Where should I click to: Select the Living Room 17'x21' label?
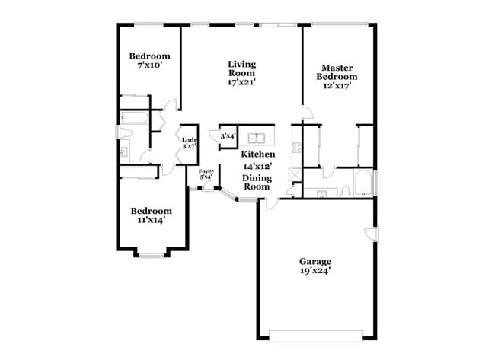(x=241, y=72)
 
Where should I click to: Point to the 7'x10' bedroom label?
(x=149, y=61)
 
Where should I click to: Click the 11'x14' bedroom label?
(x=150, y=215)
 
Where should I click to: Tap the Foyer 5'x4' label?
(x=206, y=174)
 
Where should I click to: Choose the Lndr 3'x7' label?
(x=189, y=142)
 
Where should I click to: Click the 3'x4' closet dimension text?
(x=228, y=136)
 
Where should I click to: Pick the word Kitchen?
(x=258, y=154)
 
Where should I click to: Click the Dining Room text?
(x=257, y=182)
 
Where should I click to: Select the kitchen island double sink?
(x=259, y=139)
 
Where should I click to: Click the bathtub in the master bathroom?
(x=364, y=183)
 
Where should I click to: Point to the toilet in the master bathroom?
(x=345, y=190)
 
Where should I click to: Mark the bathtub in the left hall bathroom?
(x=135, y=118)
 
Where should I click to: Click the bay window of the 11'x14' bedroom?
(x=151, y=253)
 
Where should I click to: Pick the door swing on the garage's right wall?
(x=369, y=234)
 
